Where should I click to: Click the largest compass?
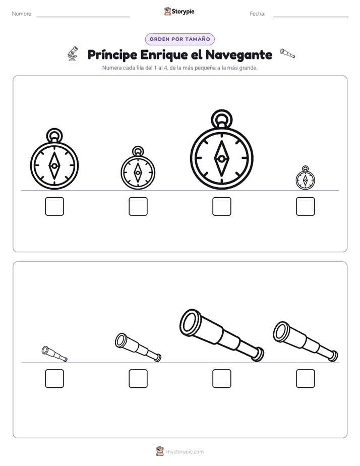point(221,159)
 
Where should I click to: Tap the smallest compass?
point(306,180)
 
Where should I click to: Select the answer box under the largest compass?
point(221,206)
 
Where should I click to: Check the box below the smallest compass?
point(306,206)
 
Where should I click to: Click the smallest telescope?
point(54,354)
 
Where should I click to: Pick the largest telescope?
point(221,335)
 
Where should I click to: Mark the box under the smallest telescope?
point(54,379)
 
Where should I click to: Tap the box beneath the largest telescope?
point(221,379)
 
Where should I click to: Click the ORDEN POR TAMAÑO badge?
point(179,39)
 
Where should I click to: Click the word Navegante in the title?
point(239,54)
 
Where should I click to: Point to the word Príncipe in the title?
point(112,55)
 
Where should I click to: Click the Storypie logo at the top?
point(179,11)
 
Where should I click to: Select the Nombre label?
point(22,14)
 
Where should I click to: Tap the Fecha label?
point(257,14)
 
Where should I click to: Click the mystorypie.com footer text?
point(185,452)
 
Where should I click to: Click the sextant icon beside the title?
point(73,54)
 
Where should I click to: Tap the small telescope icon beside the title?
point(287,53)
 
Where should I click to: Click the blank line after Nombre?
point(83,17)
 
